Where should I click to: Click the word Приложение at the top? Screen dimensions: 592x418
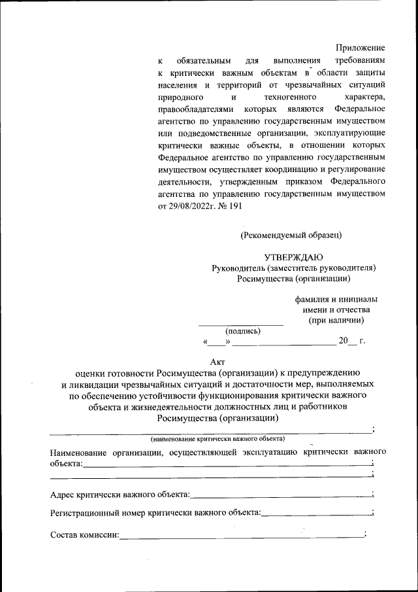360,48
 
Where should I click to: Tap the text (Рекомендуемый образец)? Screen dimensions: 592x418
291,234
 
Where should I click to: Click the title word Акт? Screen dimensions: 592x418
217,362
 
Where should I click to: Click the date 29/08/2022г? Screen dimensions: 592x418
194,205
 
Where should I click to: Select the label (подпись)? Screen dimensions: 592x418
243,330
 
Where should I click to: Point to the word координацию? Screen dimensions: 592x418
276,170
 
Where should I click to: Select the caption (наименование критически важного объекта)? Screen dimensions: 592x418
217,438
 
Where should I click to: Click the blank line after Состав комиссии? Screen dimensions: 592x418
242,537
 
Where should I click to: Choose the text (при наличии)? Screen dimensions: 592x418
336,320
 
